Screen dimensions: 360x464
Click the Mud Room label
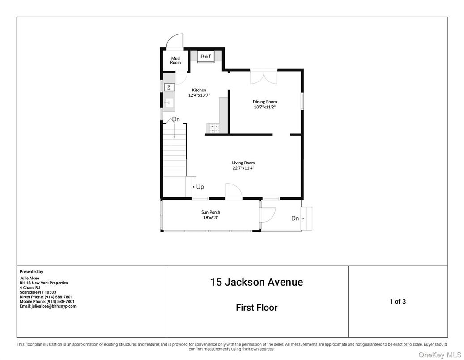click(x=175, y=60)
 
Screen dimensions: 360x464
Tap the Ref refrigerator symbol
click(x=205, y=56)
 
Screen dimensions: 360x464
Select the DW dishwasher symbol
click(x=169, y=87)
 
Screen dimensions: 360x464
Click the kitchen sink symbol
click(x=168, y=103)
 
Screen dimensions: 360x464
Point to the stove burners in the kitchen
click(x=213, y=128)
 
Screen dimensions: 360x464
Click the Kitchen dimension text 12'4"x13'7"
click(x=199, y=95)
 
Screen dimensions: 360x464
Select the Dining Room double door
click(x=264, y=77)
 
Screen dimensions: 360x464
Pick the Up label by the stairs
click(x=200, y=187)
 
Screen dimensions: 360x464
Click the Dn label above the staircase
click(x=176, y=120)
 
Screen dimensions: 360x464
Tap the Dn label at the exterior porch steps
click(x=295, y=219)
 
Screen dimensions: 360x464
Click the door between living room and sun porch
click(x=233, y=192)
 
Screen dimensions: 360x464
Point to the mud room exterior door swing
click(x=175, y=42)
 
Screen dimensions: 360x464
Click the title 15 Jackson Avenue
click(x=256, y=282)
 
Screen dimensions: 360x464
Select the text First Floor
click(x=256, y=308)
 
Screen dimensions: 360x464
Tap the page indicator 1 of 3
click(x=397, y=301)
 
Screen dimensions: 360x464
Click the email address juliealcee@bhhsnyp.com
click(x=48, y=306)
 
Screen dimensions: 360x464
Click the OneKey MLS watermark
click(x=439, y=355)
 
